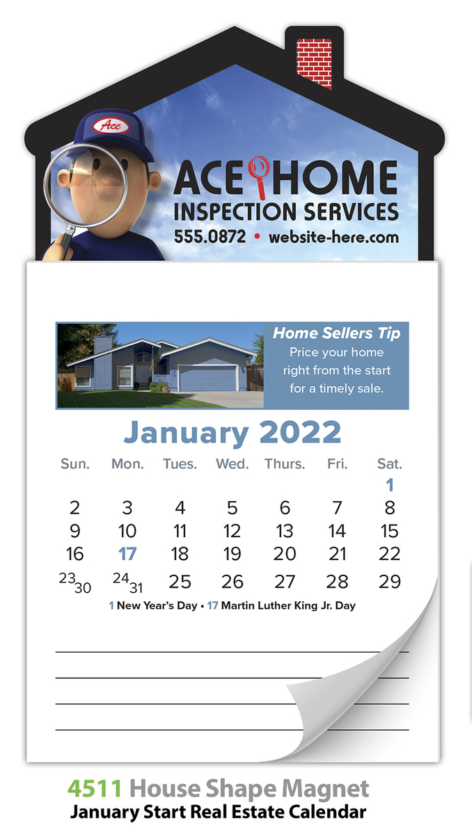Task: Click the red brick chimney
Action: tap(314, 63)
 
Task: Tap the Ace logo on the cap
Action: tap(111, 126)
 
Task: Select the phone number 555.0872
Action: tap(210, 237)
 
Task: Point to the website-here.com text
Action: tap(333, 237)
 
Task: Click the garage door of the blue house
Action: tap(207, 378)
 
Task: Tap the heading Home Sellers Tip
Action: tap(336, 333)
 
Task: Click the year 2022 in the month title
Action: tap(300, 431)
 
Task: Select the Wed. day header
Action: tap(233, 463)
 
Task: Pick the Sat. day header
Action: tap(390, 463)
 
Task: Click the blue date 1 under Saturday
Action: tap(390, 485)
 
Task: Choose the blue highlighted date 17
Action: tap(127, 554)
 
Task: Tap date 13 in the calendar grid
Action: tap(285, 531)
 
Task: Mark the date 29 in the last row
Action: tap(390, 582)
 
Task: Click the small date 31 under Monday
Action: tap(136, 588)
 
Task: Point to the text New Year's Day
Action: tap(157, 606)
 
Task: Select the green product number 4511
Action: tap(95, 788)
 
